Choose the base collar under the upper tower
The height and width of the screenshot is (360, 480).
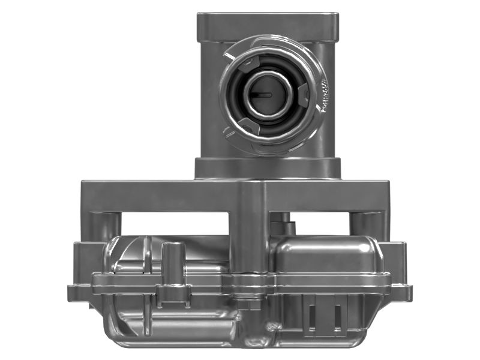268,168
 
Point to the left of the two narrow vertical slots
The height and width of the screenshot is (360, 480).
313,319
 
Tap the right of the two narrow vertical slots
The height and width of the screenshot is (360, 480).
337,319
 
